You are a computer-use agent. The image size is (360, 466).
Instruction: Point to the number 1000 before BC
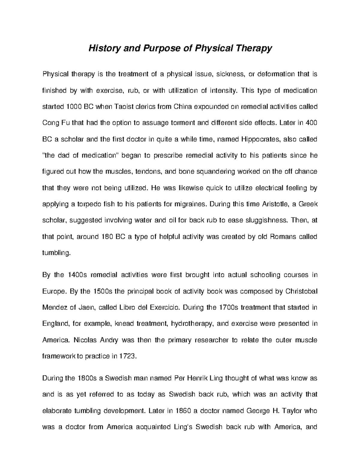pyautogui.click(x=73, y=107)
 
